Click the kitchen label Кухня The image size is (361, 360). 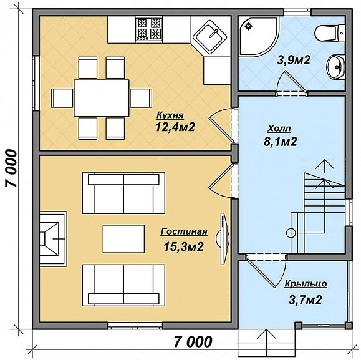170,115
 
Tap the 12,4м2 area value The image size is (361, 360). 175,127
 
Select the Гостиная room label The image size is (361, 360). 184,231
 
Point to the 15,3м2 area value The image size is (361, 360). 183,247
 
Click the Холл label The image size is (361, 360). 279,129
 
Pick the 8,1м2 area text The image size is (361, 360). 281,142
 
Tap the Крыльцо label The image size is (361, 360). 306,284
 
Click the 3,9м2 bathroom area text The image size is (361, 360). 294,60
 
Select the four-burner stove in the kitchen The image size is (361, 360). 148,29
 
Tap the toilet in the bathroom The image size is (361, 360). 330,33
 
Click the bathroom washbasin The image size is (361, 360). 335,67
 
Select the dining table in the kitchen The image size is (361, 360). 101,98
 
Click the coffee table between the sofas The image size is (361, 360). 123,239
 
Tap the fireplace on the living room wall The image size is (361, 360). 54,239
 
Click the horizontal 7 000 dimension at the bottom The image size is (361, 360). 193,341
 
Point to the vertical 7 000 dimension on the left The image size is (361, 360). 11,168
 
